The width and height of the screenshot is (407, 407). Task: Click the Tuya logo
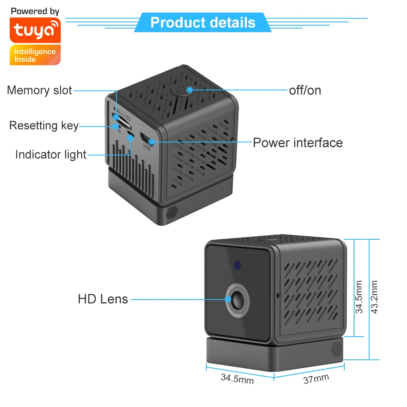click(x=35, y=31)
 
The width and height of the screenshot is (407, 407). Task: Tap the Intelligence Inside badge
click(x=35, y=55)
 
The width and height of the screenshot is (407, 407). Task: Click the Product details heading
click(x=203, y=22)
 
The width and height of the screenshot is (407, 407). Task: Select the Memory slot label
click(x=39, y=90)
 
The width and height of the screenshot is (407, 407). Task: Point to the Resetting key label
click(x=44, y=125)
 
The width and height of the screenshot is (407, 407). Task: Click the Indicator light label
click(x=51, y=155)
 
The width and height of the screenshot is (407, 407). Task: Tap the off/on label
click(x=305, y=90)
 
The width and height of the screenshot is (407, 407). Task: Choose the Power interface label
click(x=298, y=142)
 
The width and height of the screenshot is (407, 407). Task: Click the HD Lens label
click(x=103, y=299)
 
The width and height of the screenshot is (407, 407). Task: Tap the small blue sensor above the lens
click(x=237, y=265)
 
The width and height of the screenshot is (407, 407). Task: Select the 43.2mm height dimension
click(x=375, y=297)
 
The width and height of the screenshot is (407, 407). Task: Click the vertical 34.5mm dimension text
click(x=359, y=296)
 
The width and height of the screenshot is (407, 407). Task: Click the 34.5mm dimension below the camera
click(x=237, y=379)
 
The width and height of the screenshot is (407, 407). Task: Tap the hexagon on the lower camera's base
click(x=336, y=349)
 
